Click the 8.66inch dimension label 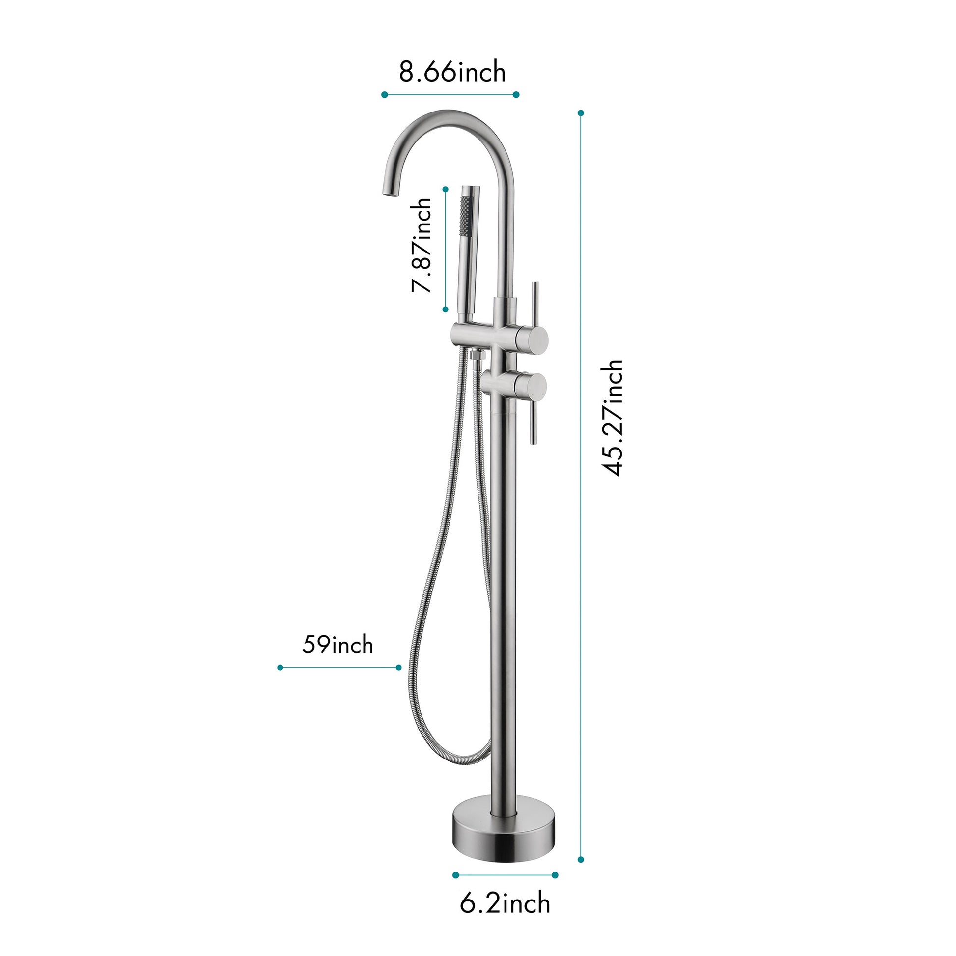point(452,72)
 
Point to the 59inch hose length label point(337,645)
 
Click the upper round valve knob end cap point(533,337)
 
